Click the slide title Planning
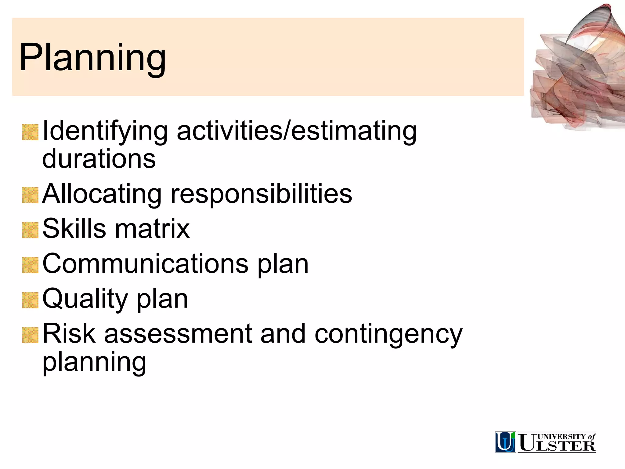pyautogui.click(x=92, y=58)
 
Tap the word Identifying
pyautogui.click(x=105, y=132)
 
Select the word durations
pyautogui.click(x=99, y=159)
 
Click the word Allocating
pyautogui.click(x=102, y=194)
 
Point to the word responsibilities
pyautogui.click(x=261, y=194)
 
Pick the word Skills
pyautogui.click(x=74, y=229)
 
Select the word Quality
pyautogui.click(x=85, y=299)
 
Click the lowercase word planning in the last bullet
pyautogui.click(x=94, y=362)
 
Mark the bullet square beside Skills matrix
pyautogui.click(x=30, y=230)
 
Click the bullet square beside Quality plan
pyautogui.click(x=30, y=300)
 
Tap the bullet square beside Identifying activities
pyautogui.click(x=30, y=133)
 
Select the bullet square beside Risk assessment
pyautogui.click(x=30, y=335)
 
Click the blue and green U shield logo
pyautogui.click(x=505, y=442)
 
